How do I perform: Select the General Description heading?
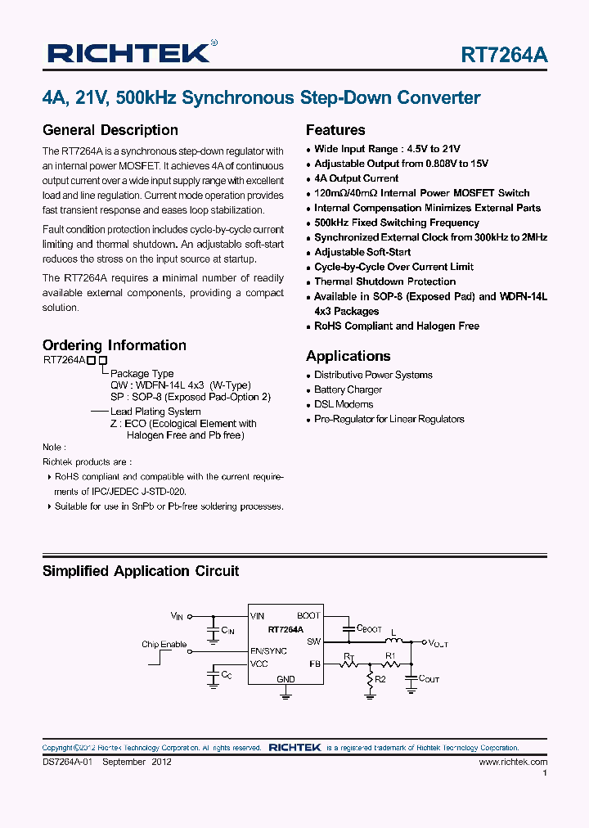point(110,130)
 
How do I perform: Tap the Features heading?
point(335,130)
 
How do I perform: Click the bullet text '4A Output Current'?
point(356,178)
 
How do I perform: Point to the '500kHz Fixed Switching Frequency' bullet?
point(397,223)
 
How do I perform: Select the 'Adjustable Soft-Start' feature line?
point(362,252)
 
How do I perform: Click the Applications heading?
point(348,356)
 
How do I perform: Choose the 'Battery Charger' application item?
point(348,389)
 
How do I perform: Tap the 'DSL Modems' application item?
point(344,404)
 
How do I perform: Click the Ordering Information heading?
point(115,345)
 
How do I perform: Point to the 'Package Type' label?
point(142,374)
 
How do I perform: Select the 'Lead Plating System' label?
point(155,412)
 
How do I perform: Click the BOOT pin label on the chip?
point(308,615)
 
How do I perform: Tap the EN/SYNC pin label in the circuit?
point(268,650)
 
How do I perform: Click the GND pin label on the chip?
point(286,679)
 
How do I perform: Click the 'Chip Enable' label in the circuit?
point(164,644)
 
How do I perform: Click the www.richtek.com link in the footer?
point(513,762)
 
